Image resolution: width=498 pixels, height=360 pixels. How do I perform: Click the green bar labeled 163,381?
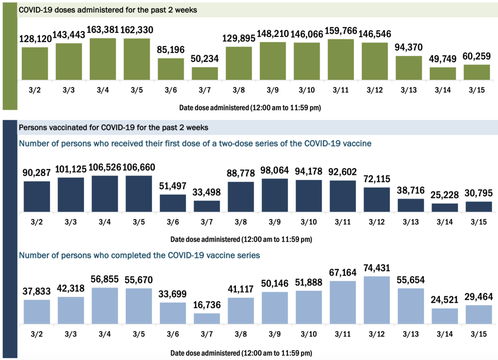coord(103,59)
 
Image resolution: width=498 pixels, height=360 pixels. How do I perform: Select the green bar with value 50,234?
coord(205,74)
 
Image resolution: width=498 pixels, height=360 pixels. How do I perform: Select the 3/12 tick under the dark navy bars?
coord(376,221)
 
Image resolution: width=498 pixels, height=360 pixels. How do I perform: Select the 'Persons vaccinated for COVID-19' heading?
coord(113,127)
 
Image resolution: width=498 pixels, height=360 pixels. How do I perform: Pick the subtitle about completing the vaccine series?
coord(139,255)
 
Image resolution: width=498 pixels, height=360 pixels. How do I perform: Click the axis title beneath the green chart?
coord(250,108)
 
